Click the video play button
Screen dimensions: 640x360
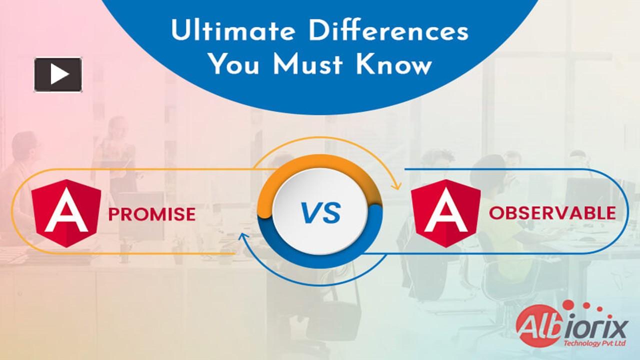coord(58,75)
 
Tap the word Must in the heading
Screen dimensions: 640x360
coord(308,65)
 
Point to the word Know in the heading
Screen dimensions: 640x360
coord(393,65)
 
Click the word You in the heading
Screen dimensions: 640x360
coord(234,65)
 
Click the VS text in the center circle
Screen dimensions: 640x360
coord(320,213)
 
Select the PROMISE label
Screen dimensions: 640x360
coord(152,214)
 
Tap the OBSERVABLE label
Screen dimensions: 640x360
coord(552,213)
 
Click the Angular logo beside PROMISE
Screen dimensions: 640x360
coord(66,213)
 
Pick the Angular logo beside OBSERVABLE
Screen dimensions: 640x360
coord(446,213)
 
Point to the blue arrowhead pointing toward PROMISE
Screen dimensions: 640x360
coord(243,237)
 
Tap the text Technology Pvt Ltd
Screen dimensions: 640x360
coord(595,343)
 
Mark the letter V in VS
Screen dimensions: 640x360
coord(310,213)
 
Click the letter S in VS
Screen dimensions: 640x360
coord(331,213)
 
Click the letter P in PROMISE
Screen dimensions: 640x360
coord(113,214)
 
